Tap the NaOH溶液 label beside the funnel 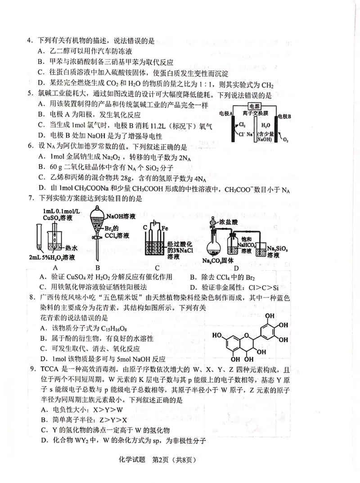(119, 208)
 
